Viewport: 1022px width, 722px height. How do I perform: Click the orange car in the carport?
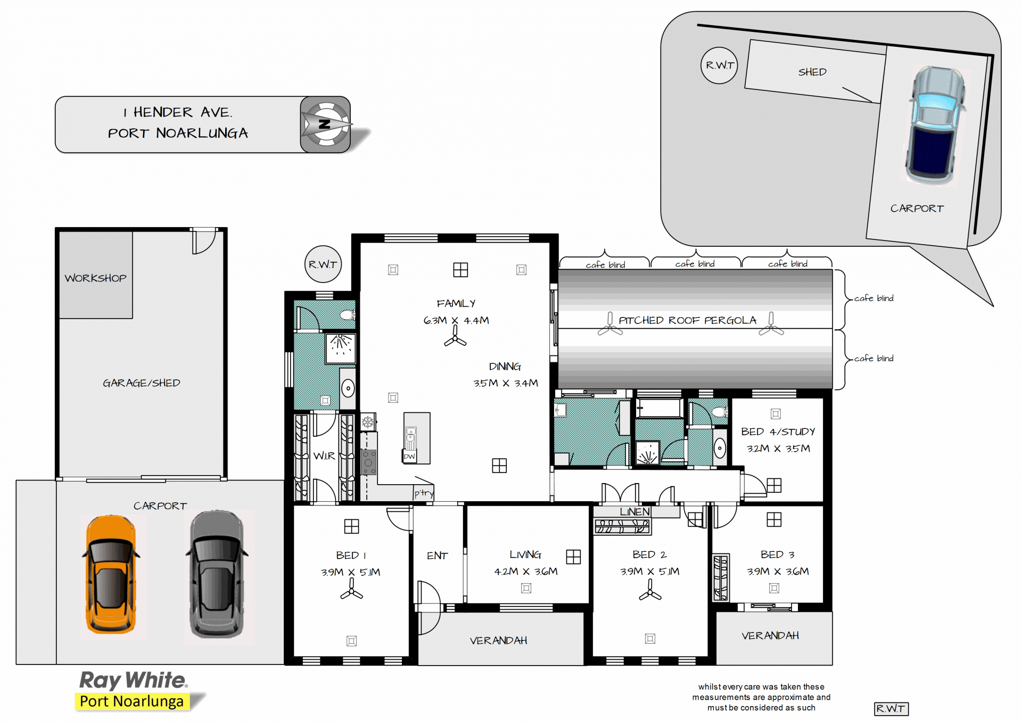click(x=111, y=575)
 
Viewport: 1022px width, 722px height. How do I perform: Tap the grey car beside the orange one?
click(x=217, y=575)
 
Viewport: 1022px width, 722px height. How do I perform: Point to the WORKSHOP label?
click(x=96, y=278)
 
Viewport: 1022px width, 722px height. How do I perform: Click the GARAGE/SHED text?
click(x=142, y=383)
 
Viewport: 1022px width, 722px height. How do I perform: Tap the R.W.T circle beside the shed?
click(x=719, y=65)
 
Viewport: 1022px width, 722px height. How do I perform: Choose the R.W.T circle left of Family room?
click(x=323, y=264)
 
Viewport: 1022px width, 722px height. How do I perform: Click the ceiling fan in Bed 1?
click(x=351, y=590)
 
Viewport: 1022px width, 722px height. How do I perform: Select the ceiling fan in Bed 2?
click(x=650, y=590)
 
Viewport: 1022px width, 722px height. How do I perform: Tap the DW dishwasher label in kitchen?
click(x=409, y=457)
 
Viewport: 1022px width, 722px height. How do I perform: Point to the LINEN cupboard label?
click(x=635, y=512)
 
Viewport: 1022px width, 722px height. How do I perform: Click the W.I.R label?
click(x=324, y=456)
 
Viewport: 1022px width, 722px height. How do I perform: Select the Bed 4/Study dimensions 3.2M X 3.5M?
click(x=778, y=449)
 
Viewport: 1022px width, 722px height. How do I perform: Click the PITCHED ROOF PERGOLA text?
click(x=687, y=320)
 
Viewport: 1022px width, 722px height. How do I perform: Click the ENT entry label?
click(x=438, y=556)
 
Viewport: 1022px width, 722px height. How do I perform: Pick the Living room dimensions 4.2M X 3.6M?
click(x=526, y=571)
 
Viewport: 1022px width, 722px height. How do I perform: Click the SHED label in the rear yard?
click(x=812, y=72)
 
